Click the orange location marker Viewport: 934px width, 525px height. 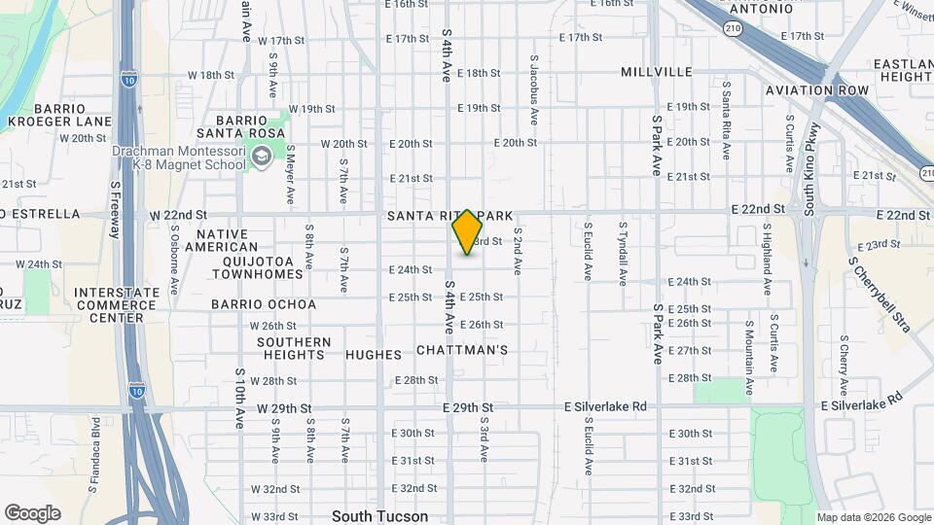click(468, 232)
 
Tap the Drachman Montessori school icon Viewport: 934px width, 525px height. click(261, 156)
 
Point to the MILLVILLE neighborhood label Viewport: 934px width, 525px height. click(657, 72)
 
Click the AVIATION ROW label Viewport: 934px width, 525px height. click(816, 90)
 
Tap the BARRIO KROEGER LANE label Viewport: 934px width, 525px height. click(59, 115)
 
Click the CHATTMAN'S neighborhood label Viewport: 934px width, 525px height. click(462, 349)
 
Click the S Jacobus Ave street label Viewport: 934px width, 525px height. click(534, 89)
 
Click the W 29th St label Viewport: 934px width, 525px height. click(284, 408)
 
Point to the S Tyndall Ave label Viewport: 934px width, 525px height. click(623, 251)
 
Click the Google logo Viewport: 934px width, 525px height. click(32, 513)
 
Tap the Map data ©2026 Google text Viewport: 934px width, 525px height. click(873, 517)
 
